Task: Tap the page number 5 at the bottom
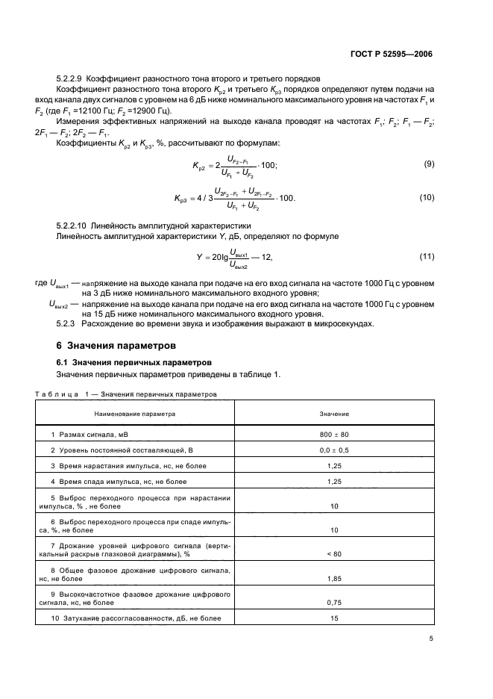tap(431, 638)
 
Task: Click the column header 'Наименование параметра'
tap(135, 413)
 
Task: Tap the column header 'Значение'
tap(334, 413)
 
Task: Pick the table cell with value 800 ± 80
tap(334, 434)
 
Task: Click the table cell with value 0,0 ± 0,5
tap(334, 451)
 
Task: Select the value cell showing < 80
tap(334, 554)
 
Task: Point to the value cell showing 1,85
tap(334, 578)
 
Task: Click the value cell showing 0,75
tap(334, 602)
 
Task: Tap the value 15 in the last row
tap(334, 618)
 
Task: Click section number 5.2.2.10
tap(75, 225)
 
